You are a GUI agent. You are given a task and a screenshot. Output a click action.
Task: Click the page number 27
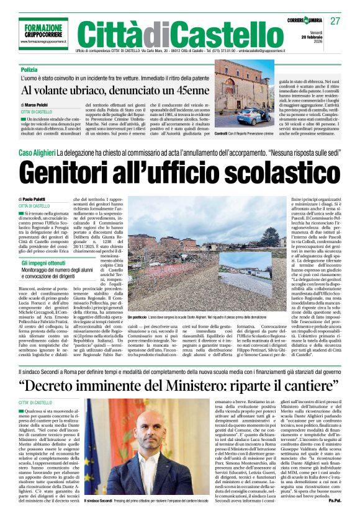[x=336, y=21]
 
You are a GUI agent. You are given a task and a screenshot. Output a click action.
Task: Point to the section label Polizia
[x=29, y=70]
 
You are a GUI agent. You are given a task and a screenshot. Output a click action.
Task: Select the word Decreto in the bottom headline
[x=61, y=385]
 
